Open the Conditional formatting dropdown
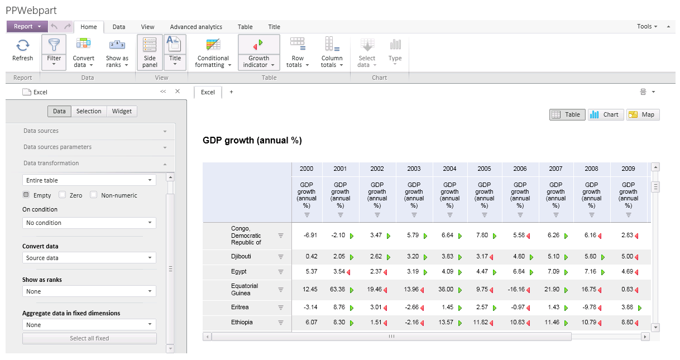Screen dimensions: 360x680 [213, 54]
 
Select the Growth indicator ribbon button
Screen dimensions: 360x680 [258, 54]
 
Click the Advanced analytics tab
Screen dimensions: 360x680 [196, 27]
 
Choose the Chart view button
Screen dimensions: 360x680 [605, 114]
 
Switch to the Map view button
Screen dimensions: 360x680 [643, 114]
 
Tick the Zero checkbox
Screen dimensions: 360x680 [63, 195]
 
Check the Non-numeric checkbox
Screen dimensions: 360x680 [94, 195]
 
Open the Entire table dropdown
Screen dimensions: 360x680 [89, 180]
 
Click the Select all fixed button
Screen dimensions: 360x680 [89, 338]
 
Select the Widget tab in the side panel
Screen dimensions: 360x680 [122, 111]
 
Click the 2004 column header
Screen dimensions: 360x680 [449, 169]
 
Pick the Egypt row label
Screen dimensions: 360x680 [240, 272]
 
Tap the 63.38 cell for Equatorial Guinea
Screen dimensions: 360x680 [337, 290]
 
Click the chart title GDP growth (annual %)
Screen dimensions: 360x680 [252, 141]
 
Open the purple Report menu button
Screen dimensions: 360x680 [27, 26]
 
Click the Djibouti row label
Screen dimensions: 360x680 [241, 257]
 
